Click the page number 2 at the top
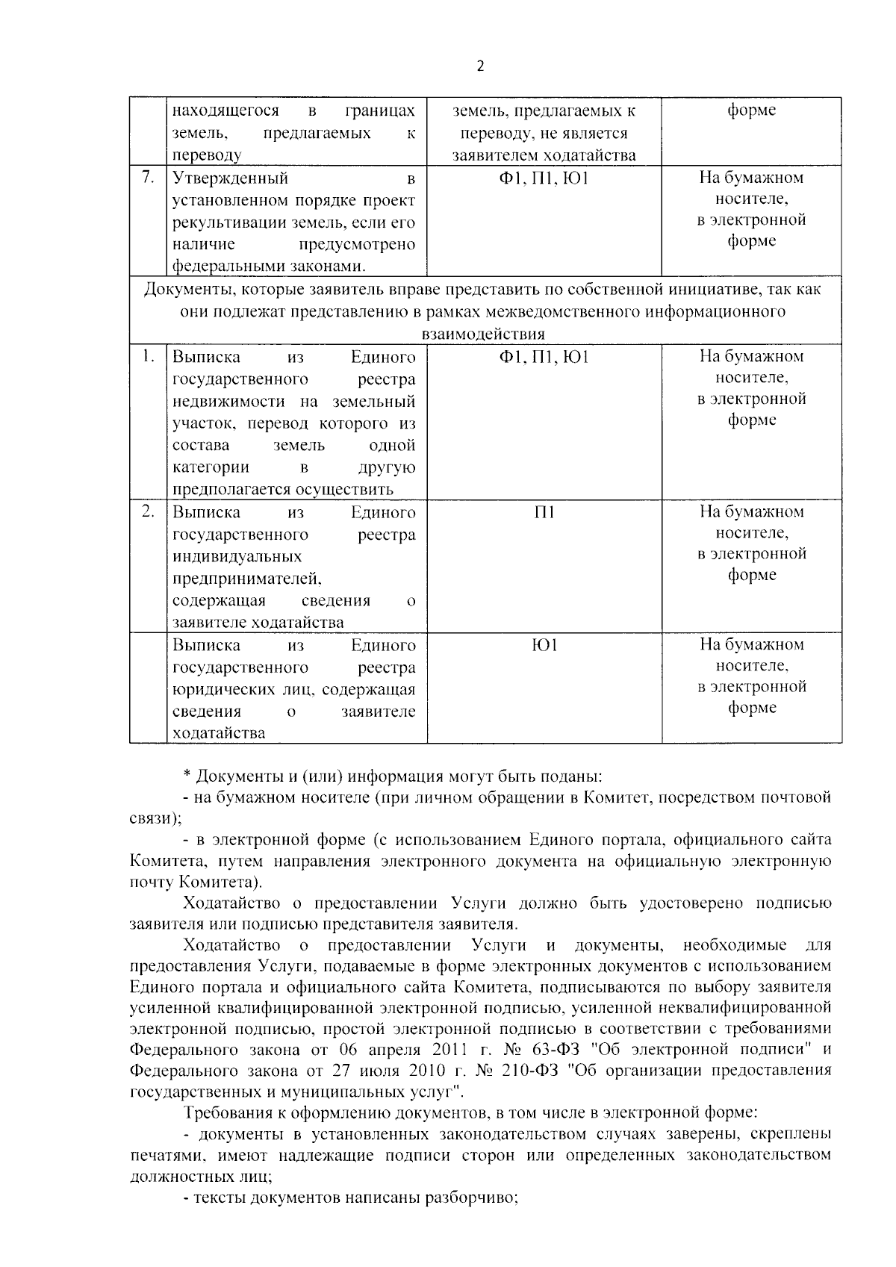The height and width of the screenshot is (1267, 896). tap(480, 66)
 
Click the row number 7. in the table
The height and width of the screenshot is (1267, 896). tap(148, 177)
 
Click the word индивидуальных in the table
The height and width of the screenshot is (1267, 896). tap(237, 557)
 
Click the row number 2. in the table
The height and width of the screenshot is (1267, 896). tap(148, 511)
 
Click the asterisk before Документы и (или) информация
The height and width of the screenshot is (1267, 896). tap(187, 777)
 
